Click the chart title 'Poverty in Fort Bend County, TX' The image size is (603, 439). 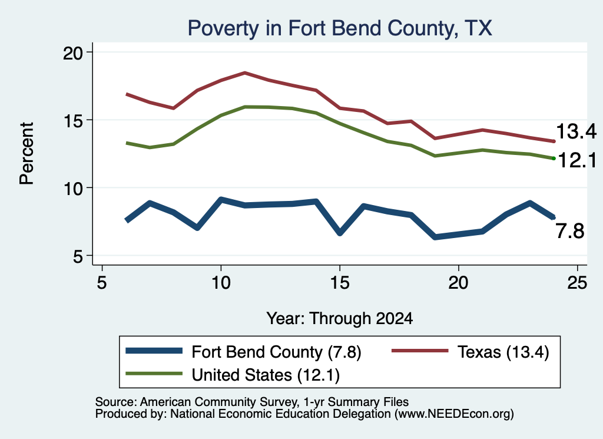coord(340,28)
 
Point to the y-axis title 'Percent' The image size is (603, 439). coord(27,153)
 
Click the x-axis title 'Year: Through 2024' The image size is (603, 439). coord(340,319)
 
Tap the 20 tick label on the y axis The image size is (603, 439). coord(72,52)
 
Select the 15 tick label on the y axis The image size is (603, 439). coord(72,121)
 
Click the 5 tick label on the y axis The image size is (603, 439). coord(78,256)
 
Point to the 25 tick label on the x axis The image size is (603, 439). coord(577,283)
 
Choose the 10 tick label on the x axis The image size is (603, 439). coord(221,283)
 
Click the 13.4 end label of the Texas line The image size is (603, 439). coord(576,131)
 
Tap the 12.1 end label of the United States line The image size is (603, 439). coord(577,160)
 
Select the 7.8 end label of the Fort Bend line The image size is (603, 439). coord(570,231)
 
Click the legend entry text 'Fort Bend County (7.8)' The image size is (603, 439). coord(277,352)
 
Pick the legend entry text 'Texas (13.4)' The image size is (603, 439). coord(503,352)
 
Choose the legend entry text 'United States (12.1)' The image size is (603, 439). coord(266,375)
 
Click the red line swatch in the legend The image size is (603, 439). coord(420,351)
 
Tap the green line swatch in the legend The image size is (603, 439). coord(154,373)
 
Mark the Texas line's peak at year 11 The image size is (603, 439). coord(244,72)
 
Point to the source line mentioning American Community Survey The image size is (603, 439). coord(252,402)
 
